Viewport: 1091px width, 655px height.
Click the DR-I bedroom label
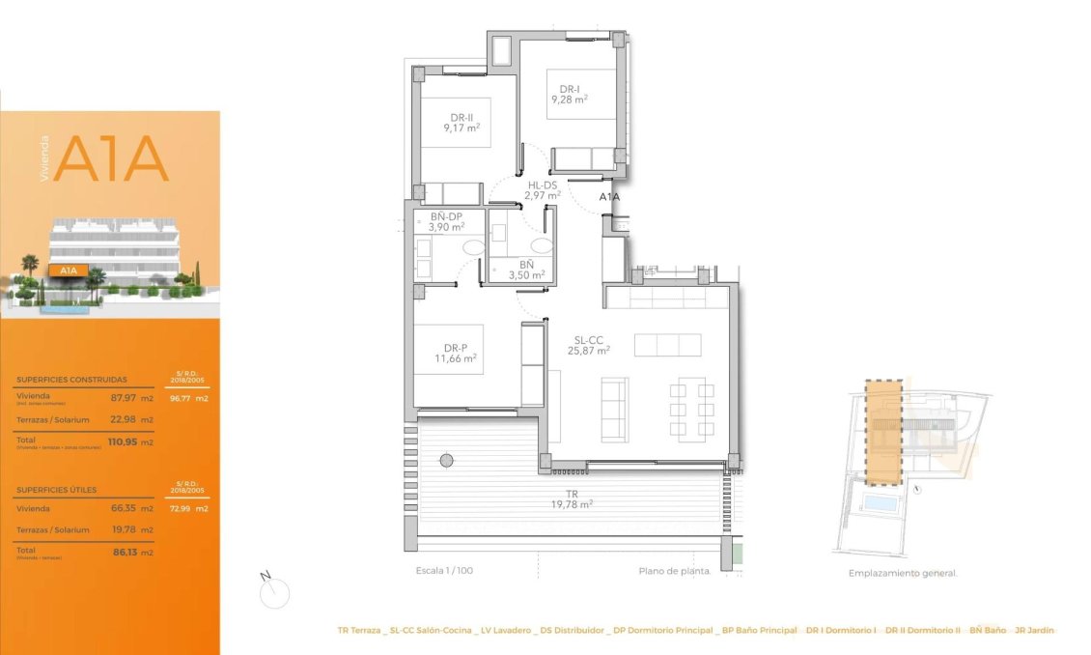[x=570, y=94]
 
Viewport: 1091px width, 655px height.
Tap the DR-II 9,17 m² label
[x=462, y=123]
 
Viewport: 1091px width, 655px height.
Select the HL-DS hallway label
[x=542, y=190]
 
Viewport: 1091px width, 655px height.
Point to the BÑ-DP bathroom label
[x=446, y=222]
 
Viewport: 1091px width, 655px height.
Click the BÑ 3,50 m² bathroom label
[x=526, y=270]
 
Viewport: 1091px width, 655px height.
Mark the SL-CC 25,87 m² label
[x=588, y=346]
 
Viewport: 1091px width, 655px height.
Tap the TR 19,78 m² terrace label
[x=572, y=498]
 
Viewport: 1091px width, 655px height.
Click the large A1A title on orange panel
[x=111, y=159]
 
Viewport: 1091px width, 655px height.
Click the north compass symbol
[x=274, y=589]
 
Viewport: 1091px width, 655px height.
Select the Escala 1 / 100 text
[x=437, y=571]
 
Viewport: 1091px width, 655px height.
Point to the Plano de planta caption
[x=675, y=571]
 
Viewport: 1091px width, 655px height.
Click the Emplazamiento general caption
[x=903, y=573]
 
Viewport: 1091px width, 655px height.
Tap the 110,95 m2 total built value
[x=130, y=441]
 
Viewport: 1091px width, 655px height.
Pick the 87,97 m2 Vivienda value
[x=130, y=397]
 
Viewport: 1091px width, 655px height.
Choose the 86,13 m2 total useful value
[x=130, y=552]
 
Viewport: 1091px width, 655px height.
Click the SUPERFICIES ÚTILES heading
[x=57, y=490]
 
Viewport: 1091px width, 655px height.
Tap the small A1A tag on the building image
[x=69, y=271]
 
